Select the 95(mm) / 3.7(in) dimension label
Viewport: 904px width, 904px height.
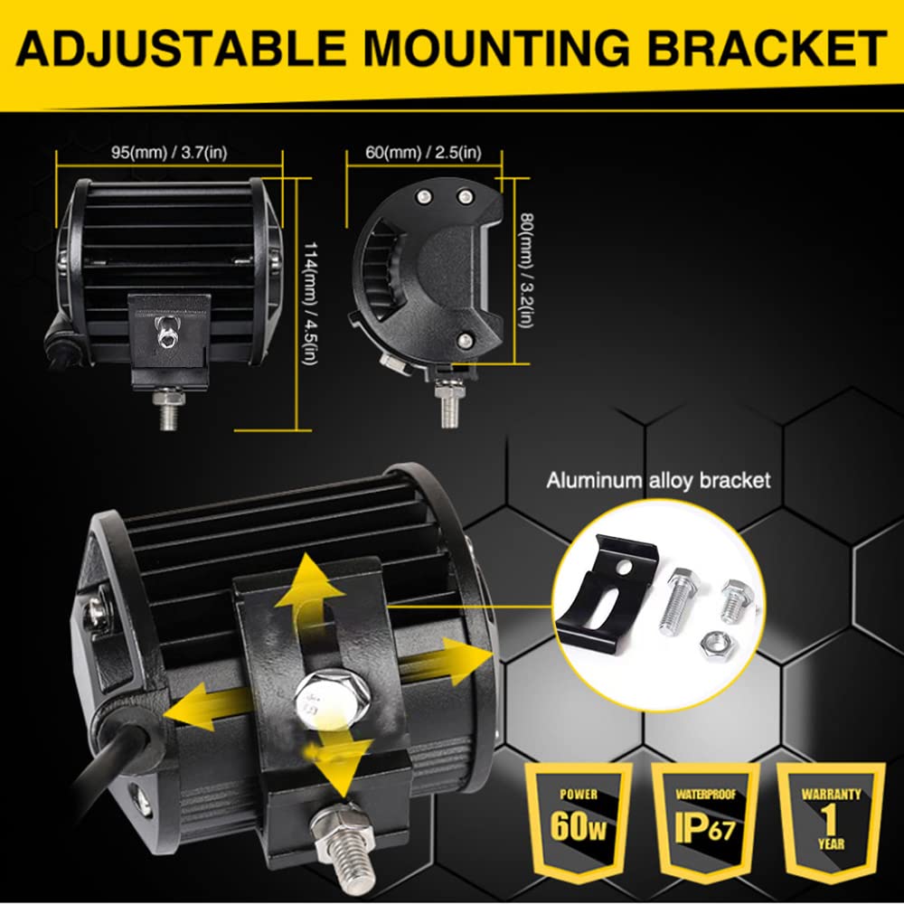pyautogui.click(x=169, y=153)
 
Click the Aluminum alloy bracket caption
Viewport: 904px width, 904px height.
pyautogui.click(x=658, y=480)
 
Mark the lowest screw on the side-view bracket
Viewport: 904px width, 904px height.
pyautogui.click(x=464, y=340)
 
